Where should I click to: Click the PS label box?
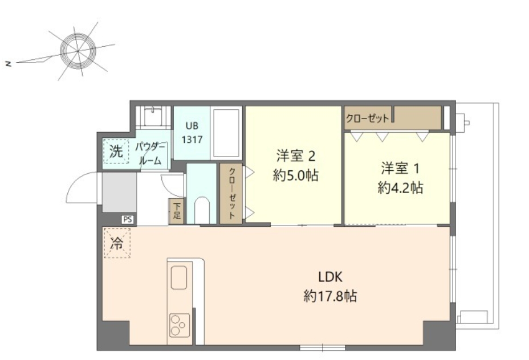(128, 220)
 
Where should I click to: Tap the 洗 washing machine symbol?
(116, 152)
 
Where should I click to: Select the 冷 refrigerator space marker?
(117, 243)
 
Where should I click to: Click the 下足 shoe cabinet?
(177, 211)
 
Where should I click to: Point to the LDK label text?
(330, 277)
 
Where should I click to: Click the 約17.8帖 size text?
(330, 296)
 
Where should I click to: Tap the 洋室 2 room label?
(296, 156)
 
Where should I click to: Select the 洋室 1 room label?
(400, 168)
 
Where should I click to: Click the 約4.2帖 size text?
(400, 187)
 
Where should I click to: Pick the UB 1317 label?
(192, 133)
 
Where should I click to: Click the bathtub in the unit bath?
(227, 133)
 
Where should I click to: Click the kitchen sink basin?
(179, 277)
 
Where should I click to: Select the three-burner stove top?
(180, 325)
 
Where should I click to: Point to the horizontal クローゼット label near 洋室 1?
(368, 118)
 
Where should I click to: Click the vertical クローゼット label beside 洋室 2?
(232, 193)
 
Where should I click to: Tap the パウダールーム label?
(150, 153)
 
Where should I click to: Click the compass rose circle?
(78, 51)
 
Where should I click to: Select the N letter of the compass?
(9, 63)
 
